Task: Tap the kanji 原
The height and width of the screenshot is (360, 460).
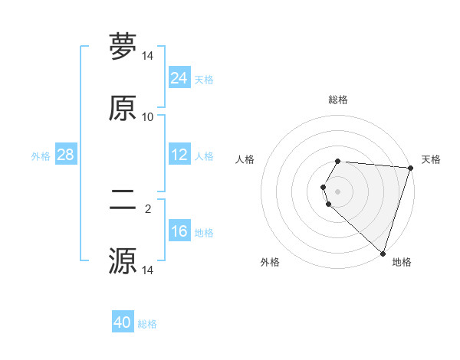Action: (x=123, y=109)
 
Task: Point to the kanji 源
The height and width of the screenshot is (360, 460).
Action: (x=123, y=261)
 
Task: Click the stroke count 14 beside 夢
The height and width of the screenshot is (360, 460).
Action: (x=148, y=56)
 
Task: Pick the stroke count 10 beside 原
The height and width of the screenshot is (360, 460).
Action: (x=148, y=117)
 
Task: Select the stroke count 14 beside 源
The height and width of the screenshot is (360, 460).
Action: (x=148, y=270)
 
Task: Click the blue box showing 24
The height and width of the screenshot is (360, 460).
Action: (x=179, y=78)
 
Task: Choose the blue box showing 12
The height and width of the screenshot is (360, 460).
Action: (x=179, y=155)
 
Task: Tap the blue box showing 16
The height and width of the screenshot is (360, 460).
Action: (x=179, y=231)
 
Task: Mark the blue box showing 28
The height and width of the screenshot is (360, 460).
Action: (x=65, y=155)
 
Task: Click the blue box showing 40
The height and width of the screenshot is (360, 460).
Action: (x=123, y=323)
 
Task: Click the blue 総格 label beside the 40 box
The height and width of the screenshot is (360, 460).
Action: (x=147, y=324)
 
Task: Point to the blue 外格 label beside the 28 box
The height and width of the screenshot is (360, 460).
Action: (x=41, y=155)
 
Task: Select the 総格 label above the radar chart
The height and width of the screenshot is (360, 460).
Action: (x=338, y=100)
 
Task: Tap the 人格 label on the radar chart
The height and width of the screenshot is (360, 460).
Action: (x=245, y=159)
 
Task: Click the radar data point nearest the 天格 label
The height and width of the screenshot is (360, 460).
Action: (x=410, y=169)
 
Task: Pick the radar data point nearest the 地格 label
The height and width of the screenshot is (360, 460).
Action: (x=383, y=253)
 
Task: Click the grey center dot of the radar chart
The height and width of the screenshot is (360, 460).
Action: (x=338, y=191)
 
